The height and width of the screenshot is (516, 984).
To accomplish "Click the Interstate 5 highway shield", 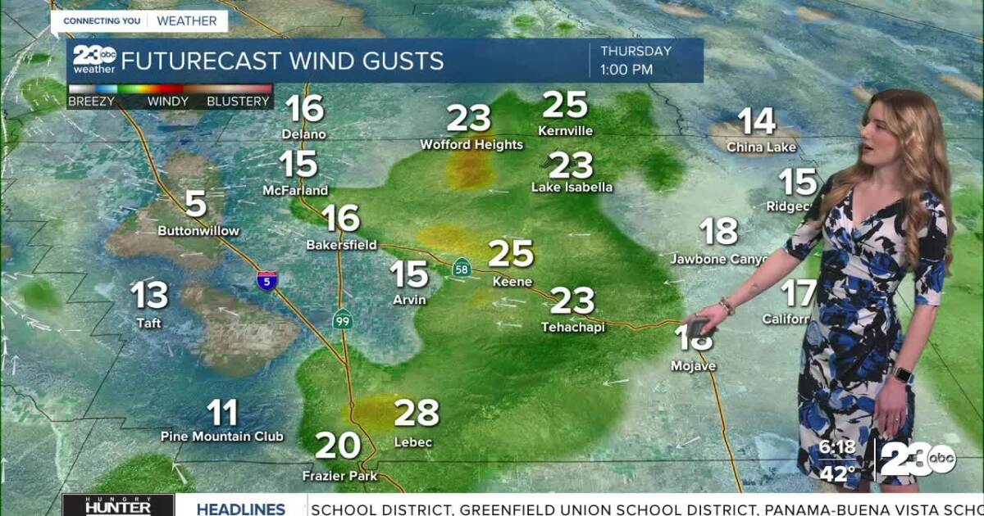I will (x=267, y=279).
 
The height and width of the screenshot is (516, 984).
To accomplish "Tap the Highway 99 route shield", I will (x=343, y=320).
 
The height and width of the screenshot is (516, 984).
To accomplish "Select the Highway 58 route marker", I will (x=462, y=267).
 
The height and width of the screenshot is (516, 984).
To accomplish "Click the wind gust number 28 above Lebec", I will (x=417, y=413).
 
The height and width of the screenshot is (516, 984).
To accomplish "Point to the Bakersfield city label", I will (x=341, y=244).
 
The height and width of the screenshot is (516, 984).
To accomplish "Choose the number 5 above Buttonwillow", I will (x=195, y=204).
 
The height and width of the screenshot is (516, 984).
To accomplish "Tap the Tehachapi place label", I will (x=572, y=327).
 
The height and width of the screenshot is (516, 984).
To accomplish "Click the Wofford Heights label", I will (x=471, y=145).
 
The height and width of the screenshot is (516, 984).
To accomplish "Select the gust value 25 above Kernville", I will (x=566, y=105).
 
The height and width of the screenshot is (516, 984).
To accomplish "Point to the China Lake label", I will (x=761, y=147).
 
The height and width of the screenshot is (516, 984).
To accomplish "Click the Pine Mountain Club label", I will (x=221, y=437).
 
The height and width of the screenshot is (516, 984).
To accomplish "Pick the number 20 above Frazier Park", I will (x=338, y=446).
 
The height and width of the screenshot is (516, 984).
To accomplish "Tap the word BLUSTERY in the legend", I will (x=238, y=102).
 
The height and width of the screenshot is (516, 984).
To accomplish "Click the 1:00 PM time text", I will (x=626, y=70).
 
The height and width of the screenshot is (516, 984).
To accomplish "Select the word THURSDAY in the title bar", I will (x=635, y=51).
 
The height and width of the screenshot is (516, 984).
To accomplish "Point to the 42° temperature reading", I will (x=837, y=473).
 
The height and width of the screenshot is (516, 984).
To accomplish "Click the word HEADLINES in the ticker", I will (x=240, y=509).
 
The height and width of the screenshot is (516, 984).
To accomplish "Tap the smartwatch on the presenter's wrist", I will (x=901, y=374).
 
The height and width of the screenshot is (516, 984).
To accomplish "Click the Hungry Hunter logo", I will (x=118, y=505).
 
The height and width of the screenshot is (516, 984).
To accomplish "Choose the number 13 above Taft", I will (x=149, y=296).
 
